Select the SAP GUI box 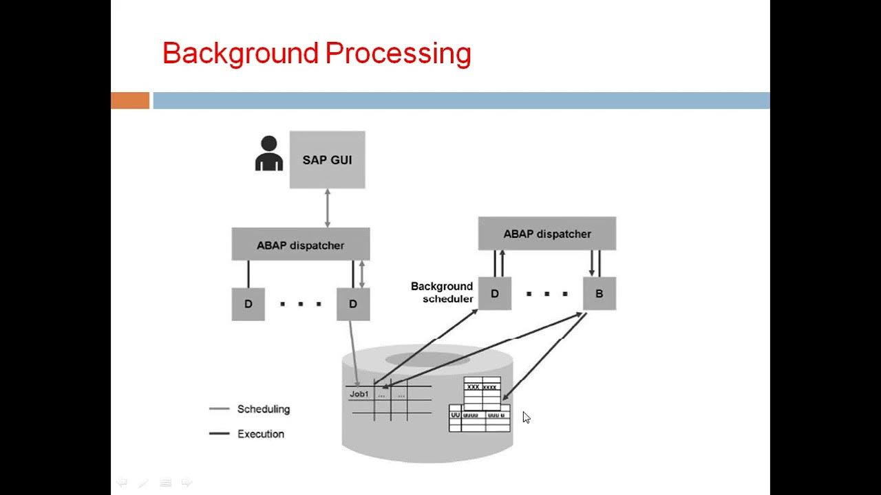click(327, 160)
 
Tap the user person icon click(268, 153)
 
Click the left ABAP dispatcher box click(301, 245)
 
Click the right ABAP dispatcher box click(547, 234)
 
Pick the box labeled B click(599, 294)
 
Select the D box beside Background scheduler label click(494, 294)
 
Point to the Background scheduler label click(442, 292)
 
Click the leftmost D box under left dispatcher click(248, 304)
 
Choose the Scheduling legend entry click(263, 409)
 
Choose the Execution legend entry click(260, 434)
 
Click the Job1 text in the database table click(359, 394)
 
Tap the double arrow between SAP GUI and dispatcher click(328, 208)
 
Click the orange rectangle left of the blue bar click(130, 100)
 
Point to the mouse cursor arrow click(526, 417)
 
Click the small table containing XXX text click(482, 392)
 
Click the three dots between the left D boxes click(301, 304)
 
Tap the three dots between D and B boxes click(547, 294)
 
